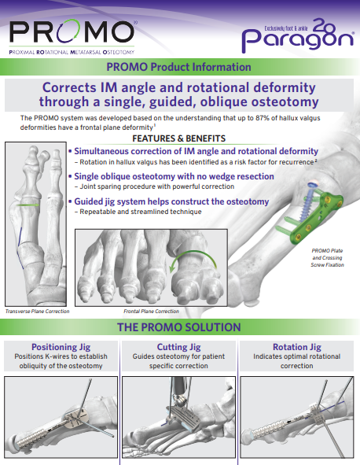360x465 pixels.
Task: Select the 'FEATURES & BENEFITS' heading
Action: tap(179, 138)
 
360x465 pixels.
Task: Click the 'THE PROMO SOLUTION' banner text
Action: tap(179, 327)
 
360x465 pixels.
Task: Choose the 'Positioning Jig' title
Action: tap(63, 346)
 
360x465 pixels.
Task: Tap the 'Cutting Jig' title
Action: tap(179, 346)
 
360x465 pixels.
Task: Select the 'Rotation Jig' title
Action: tap(296, 346)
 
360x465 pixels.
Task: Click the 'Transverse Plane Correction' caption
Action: tap(37, 312)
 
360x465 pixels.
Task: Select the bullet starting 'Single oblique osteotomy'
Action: tap(168, 177)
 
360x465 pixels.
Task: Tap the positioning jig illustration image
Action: tap(61, 418)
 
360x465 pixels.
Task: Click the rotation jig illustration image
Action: tap(296, 418)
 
